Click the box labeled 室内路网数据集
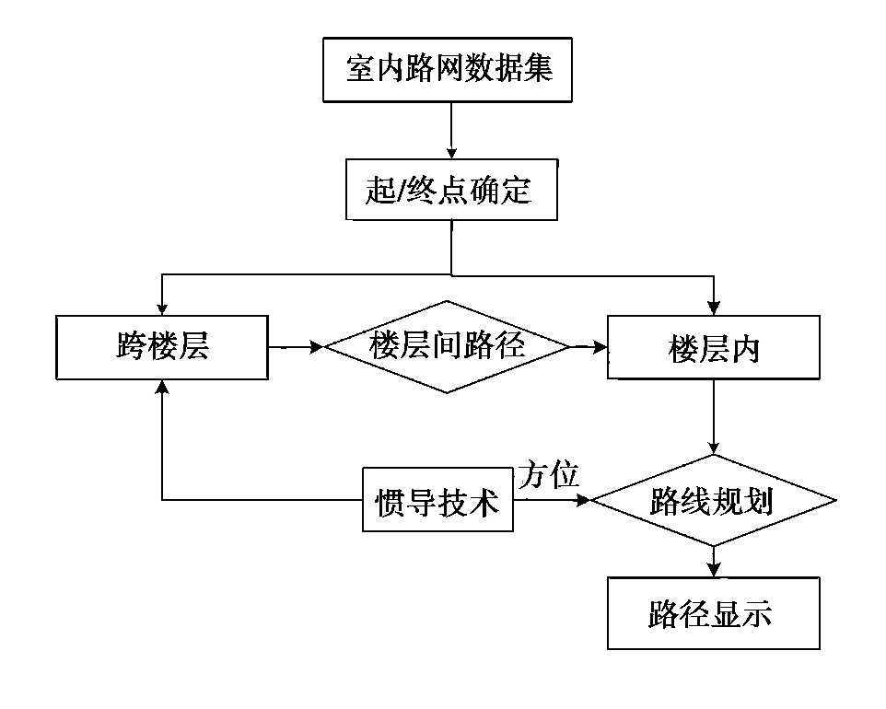tap(448, 70)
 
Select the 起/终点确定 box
tap(450, 191)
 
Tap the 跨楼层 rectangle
tap(162, 347)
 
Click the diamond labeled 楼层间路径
tap(448, 346)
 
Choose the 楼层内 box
tap(713, 347)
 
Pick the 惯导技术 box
tap(437, 501)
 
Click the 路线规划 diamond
tap(713, 501)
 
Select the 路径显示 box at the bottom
tap(713, 613)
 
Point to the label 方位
tap(549, 476)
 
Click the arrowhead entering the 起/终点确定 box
tap(450, 152)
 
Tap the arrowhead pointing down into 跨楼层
tap(162, 308)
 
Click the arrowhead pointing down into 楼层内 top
tap(713, 308)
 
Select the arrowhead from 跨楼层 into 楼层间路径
tap(318, 347)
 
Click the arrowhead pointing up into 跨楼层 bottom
tap(162, 387)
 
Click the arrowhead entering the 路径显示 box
tap(713, 570)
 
